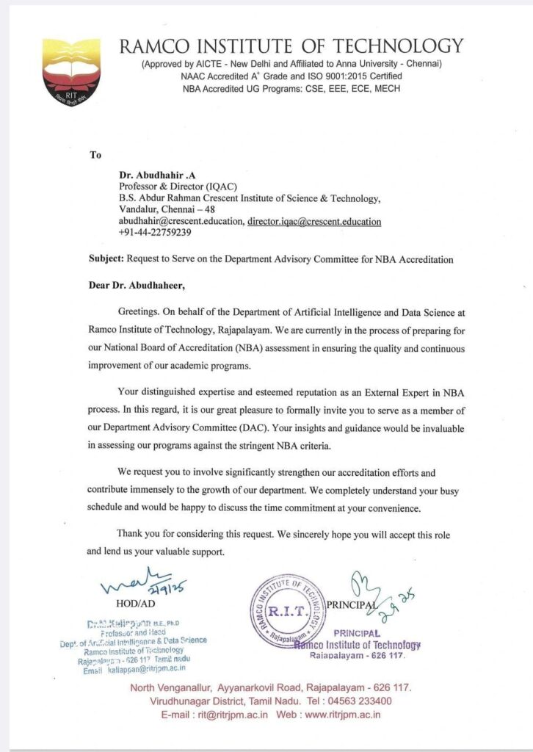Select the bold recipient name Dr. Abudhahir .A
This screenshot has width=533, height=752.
pyautogui.click(x=153, y=176)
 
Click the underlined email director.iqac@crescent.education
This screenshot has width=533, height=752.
pyautogui.click(x=314, y=221)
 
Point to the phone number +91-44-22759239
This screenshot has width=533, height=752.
pyautogui.click(x=155, y=232)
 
